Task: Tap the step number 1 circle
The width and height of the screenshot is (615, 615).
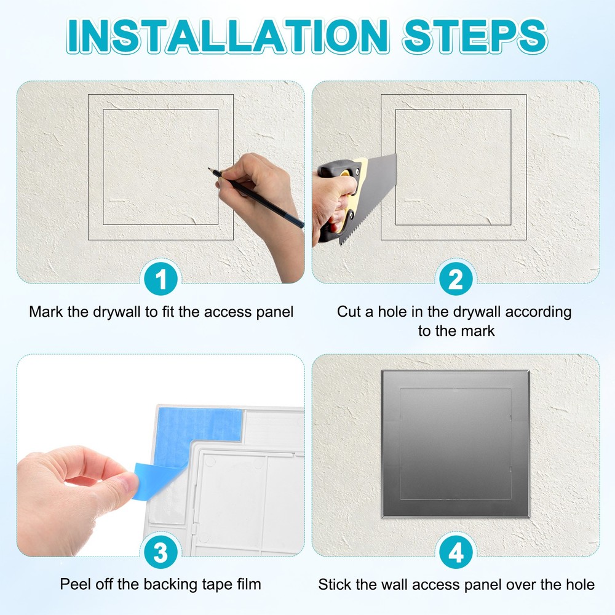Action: (x=161, y=280)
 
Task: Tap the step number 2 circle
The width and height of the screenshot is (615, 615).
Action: (x=455, y=280)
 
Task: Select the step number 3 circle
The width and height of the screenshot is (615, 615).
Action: (x=161, y=553)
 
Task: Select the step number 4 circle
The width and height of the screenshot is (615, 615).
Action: (x=455, y=553)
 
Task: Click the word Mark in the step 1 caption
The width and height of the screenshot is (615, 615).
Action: (x=46, y=312)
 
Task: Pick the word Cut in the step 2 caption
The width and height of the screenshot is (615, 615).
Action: (x=350, y=312)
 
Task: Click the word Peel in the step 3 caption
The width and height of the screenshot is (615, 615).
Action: (x=74, y=584)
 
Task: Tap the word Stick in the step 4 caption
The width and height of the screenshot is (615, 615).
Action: (x=335, y=584)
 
